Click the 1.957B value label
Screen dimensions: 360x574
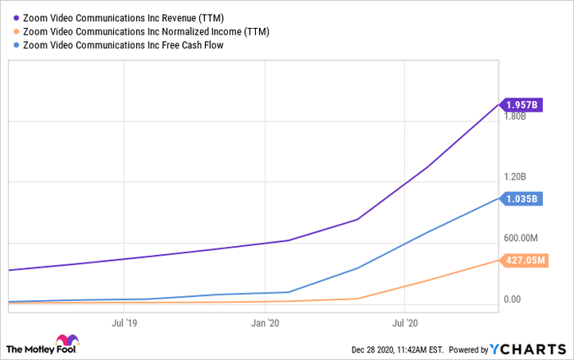521,104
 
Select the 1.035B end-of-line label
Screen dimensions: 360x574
521,198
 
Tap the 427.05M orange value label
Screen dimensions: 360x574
524,260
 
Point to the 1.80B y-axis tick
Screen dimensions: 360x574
515,116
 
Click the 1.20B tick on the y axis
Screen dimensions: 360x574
515,177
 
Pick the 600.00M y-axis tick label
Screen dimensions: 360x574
521,239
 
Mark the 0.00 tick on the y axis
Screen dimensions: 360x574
512,299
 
